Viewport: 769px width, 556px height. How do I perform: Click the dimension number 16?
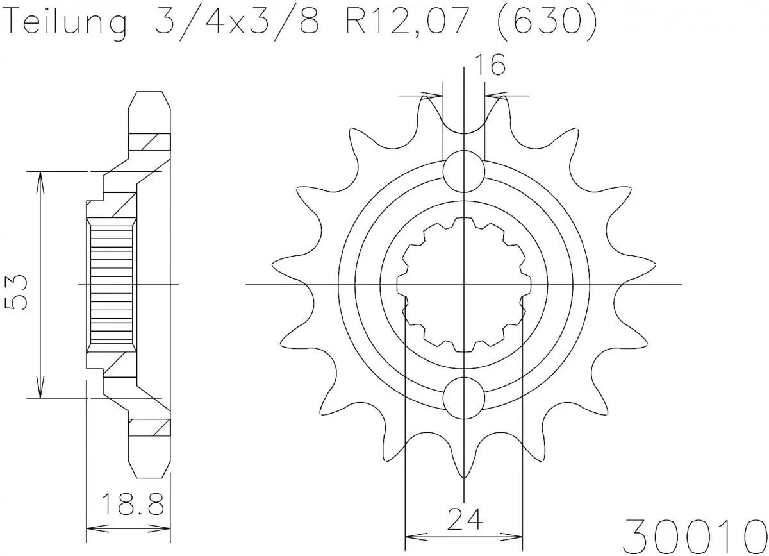(489, 65)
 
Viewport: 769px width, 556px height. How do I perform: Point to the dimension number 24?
(465, 518)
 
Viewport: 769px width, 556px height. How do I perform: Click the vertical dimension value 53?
(17, 292)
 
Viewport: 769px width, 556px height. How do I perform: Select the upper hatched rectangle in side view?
(150, 140)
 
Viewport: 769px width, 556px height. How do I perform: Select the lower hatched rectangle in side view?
(150, 427)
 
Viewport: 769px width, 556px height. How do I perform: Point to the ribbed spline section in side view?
(110, 284)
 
